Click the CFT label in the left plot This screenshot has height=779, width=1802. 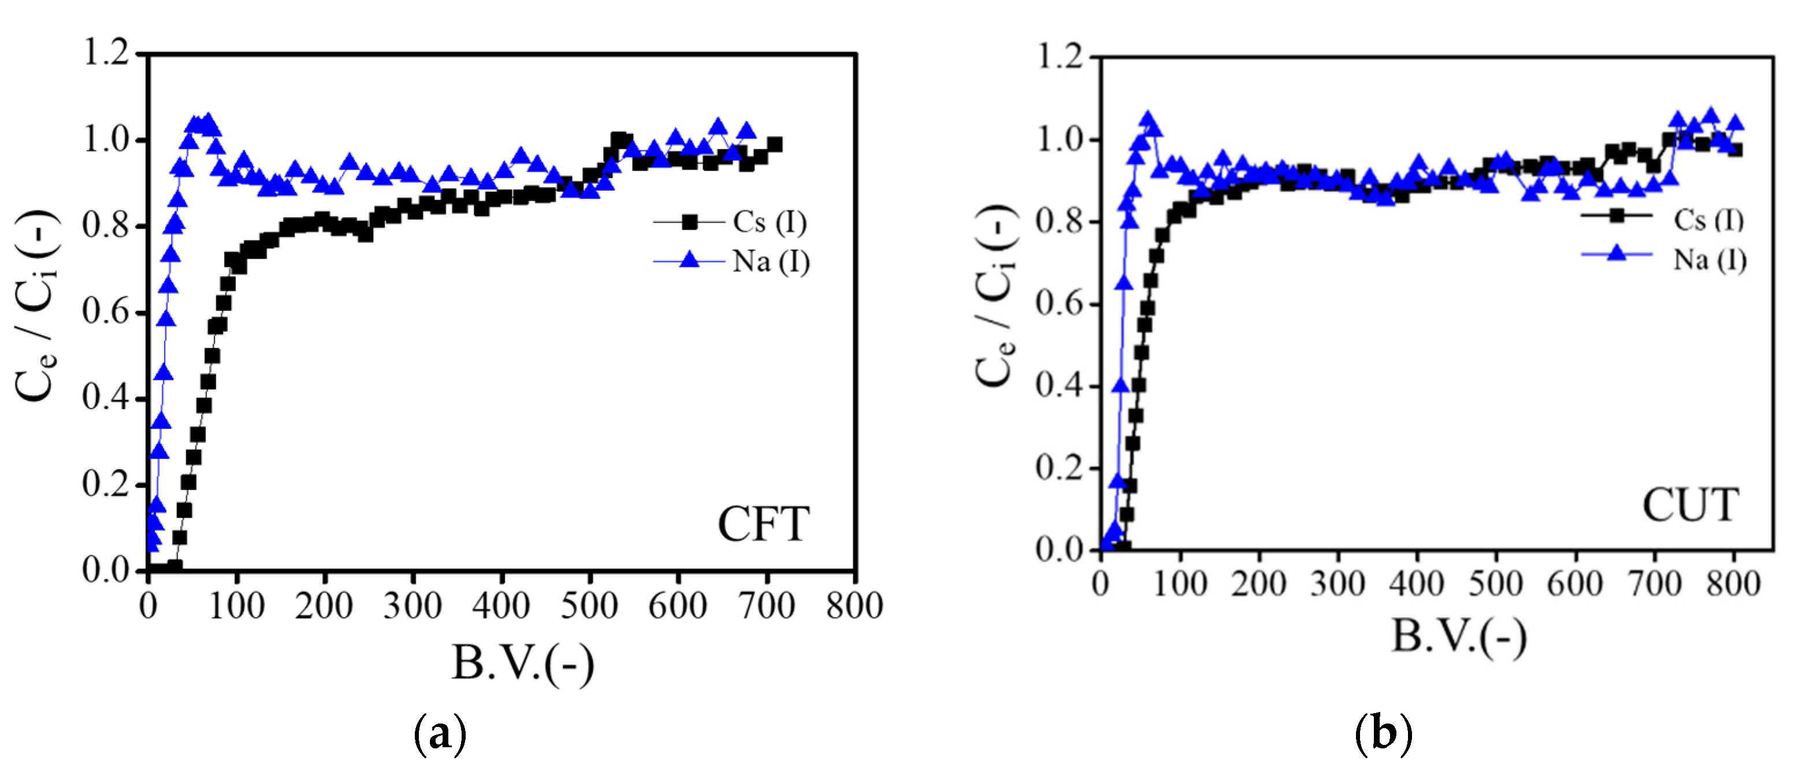click(763, 524)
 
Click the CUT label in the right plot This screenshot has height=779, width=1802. click(1690, 505)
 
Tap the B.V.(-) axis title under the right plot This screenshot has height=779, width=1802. click(1459, 636)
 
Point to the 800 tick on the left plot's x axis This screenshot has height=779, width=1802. click(854, 606)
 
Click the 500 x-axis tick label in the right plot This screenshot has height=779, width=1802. click(1496, 583)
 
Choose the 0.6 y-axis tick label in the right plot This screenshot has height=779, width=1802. click(1058, 304)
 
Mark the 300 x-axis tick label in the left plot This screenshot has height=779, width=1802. click(412, 606)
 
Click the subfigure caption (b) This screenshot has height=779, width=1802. click(1383, 733)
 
